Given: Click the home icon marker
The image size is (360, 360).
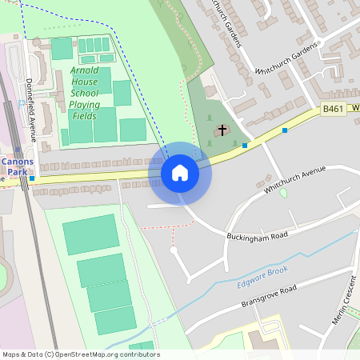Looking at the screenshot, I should click(x=180, y=173).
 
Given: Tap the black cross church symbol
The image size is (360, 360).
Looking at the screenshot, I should click(x=222, y=129).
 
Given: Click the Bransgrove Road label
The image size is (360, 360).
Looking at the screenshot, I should click(x=269, y=296).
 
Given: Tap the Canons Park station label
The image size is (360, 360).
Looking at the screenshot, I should click(x=16, y=166).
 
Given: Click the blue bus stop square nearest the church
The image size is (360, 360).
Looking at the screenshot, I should click(x=245, y=146).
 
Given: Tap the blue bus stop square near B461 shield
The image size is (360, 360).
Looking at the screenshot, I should click(x=285, y=130).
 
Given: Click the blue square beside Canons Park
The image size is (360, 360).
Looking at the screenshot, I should click(x=31, y=179).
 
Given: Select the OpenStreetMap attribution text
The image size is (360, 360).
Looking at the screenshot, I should click(x=80, y=354).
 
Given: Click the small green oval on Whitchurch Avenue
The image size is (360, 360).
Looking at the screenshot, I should click(x=283, y=193).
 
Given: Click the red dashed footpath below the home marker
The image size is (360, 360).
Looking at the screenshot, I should click(x=173, y=232).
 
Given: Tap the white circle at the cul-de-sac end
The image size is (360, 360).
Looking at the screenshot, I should click(x=173, y=250).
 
